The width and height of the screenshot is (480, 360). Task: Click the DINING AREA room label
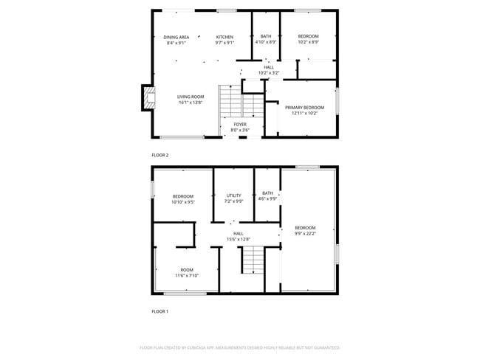[176, 37]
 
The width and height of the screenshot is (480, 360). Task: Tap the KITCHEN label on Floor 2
[224, 37]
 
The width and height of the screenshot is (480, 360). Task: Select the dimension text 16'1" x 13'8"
[191, 103]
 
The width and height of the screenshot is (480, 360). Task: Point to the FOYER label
[240, 125]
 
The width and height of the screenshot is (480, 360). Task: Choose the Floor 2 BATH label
[266, 36]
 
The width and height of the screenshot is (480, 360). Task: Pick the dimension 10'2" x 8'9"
[309, 43]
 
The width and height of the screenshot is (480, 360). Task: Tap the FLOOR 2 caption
[160, 156]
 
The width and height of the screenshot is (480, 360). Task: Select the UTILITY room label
[233, 195]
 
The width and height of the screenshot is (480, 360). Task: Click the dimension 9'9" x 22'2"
[305, 233]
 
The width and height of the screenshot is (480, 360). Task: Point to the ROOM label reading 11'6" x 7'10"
[186, 270]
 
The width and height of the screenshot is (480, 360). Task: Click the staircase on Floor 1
[253, 260]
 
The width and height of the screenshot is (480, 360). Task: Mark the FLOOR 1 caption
[160, 312]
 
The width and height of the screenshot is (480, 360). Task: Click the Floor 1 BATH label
[267, 193]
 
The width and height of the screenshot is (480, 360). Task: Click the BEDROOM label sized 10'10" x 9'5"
[182, 195]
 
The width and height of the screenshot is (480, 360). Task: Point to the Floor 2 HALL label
[269, 67]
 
